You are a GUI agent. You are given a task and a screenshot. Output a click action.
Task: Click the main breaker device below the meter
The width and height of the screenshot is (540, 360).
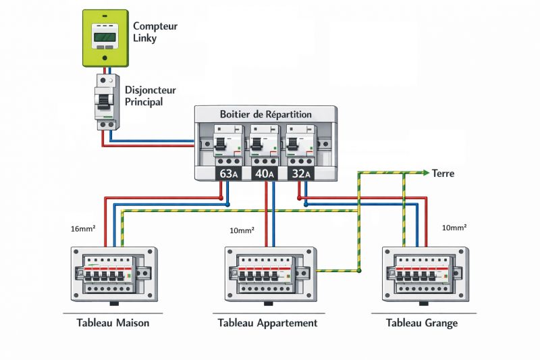point(106,101)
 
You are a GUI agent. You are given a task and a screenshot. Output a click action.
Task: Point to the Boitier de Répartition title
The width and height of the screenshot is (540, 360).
point(266,114)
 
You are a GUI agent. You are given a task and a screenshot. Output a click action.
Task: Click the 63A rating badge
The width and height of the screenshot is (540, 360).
point(228,174)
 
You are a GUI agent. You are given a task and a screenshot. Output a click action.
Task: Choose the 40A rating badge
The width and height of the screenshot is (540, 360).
point(264,174)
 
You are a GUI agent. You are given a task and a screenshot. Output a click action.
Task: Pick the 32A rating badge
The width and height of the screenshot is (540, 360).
point(299,174)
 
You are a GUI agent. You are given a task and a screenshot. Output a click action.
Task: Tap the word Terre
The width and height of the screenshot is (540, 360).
point(443,174)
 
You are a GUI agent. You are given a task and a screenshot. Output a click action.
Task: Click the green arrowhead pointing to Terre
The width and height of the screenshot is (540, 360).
point(425,173)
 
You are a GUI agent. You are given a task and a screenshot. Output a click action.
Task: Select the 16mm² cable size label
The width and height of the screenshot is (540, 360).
point(82,230)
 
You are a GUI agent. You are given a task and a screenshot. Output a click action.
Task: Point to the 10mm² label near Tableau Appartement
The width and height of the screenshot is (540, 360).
point(242,230)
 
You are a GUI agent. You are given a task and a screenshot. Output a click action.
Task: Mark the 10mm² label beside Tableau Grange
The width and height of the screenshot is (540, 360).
point(454,228)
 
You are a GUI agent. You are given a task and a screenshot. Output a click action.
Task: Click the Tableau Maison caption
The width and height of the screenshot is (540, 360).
point(113,323)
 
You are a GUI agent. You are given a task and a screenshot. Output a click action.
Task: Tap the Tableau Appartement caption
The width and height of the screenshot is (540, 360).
point(267,323)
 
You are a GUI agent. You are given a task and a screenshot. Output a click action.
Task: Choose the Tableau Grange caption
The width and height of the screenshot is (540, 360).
point(422,323)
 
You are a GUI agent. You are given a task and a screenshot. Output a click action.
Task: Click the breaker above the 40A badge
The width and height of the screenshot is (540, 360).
point(263,145)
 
